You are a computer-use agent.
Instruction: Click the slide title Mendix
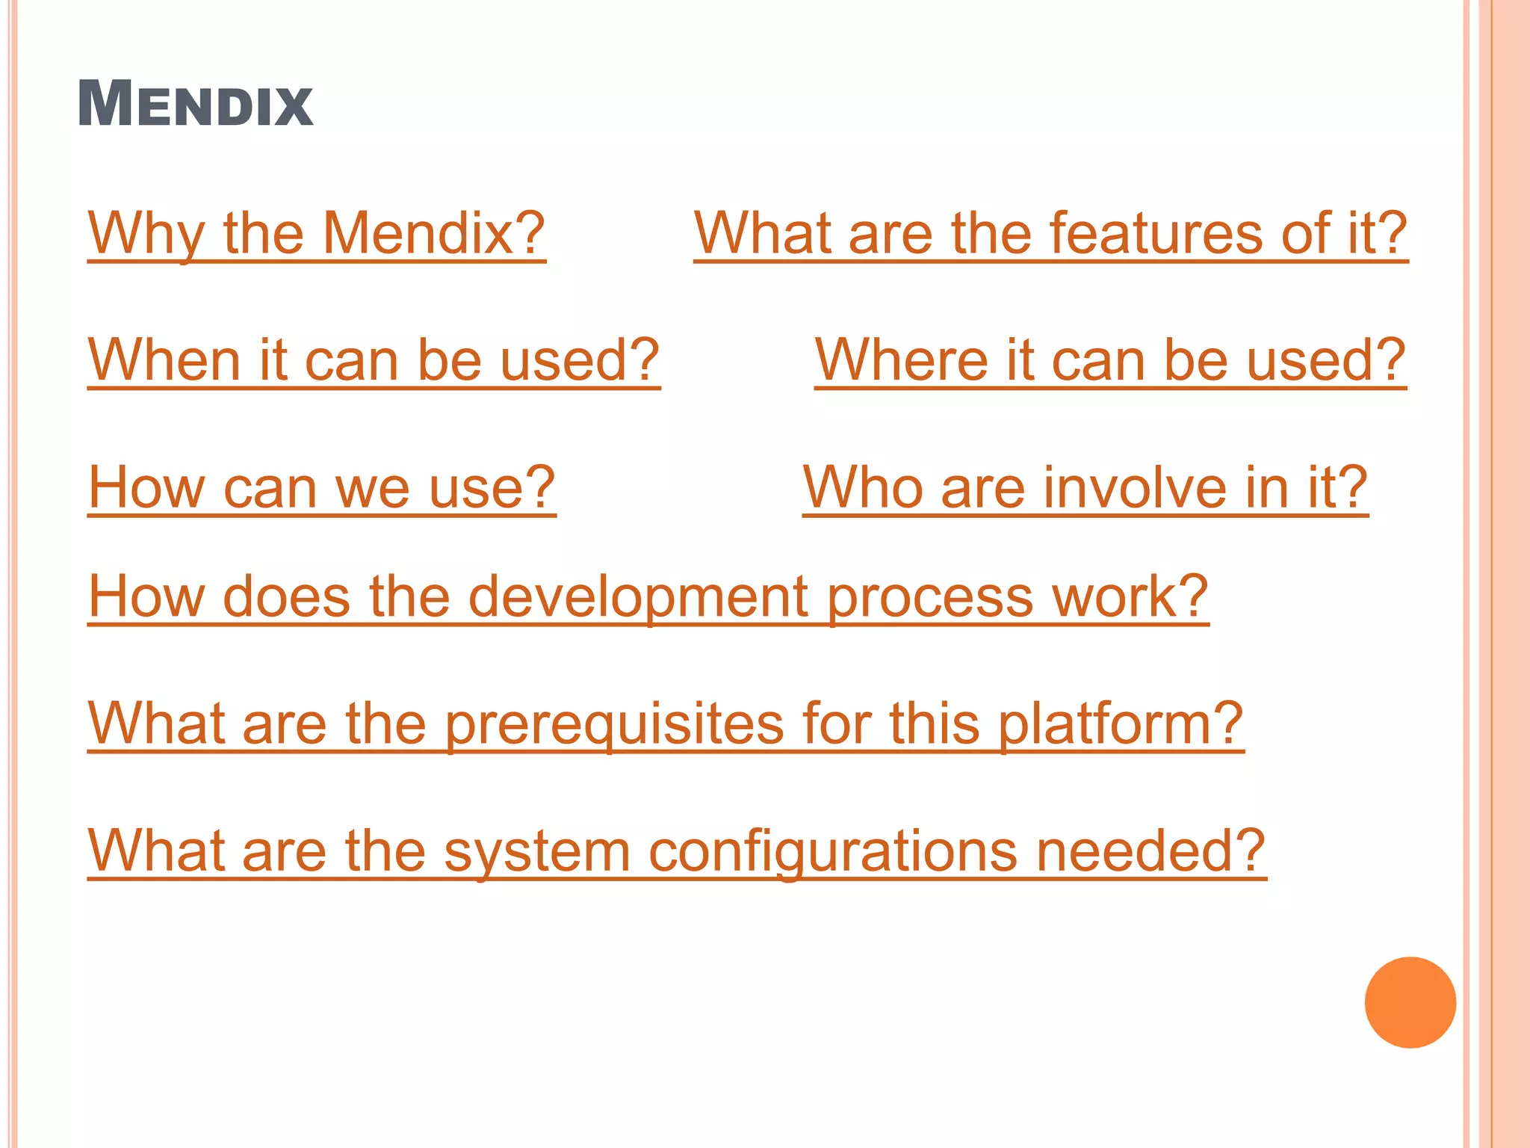click(195, 104)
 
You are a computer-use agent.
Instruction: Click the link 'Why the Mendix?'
click(316, 233)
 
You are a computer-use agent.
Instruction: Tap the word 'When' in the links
click(164, 360)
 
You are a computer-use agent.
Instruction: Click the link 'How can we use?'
click(321, 487)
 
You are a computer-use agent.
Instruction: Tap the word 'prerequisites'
click(614, 725)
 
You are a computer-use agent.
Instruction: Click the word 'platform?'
click(1121, 725)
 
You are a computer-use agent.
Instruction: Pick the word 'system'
click(537, 852)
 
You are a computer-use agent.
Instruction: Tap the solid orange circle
click(1410, 1002)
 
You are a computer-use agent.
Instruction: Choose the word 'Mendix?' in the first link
click(433, 233)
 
